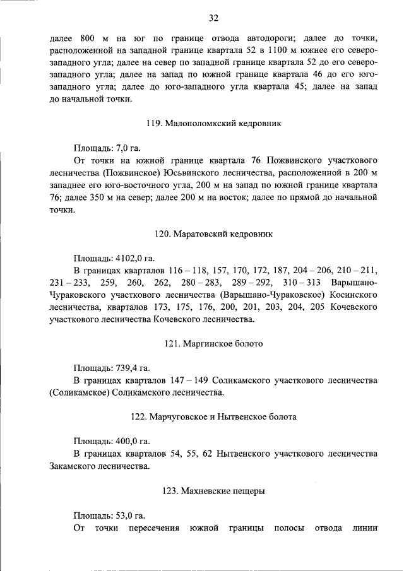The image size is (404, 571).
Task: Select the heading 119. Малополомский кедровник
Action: click(x=213, y=124)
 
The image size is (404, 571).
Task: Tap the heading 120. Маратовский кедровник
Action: click(x=213, y=233)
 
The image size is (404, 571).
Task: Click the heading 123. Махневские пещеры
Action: click(x=213, y=490)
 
